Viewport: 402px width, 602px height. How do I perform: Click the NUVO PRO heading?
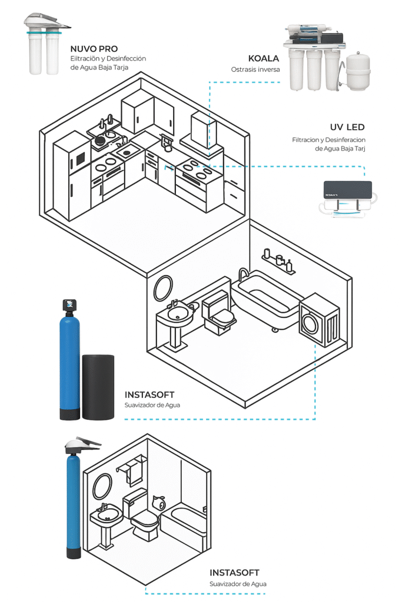tap(94, 49)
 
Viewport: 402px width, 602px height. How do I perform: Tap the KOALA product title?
tap(263, 58)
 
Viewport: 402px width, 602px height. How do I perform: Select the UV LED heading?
tap(347, 127)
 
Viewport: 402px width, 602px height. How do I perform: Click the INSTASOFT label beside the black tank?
tap(149, 394)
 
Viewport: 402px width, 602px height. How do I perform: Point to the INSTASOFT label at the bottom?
tap(234, 573)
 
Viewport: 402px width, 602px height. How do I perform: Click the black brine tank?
tap(98, 387)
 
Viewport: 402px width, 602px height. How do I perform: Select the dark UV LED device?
tap(348, 190)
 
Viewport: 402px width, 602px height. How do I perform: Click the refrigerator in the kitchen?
tap(72, 175)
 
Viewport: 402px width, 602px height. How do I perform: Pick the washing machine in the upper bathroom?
tap(320, 320)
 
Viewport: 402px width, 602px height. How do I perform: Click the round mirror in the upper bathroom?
tap(164, 288)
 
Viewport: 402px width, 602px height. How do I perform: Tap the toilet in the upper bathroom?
tap(218, 313)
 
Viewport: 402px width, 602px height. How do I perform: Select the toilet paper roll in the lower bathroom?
tap(159, 502)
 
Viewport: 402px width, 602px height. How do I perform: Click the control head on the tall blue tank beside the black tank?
tap(69, 305)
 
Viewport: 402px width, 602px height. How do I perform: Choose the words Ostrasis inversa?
tap(255, 69)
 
